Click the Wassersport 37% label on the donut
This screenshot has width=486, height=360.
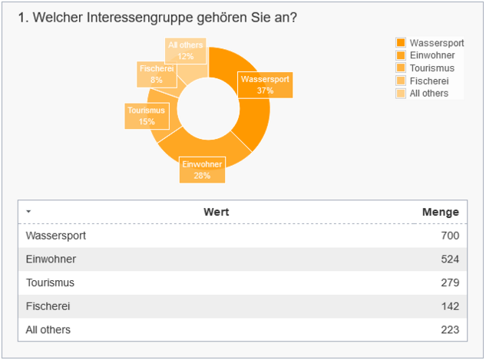click(265, 85)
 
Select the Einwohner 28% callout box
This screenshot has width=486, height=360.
click(202, 170)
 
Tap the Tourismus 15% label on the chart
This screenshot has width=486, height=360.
click(147, 116)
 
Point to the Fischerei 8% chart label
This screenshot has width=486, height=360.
click(157, 74)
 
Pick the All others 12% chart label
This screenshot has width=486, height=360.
click(185, 51)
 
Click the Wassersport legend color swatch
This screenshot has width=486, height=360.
click(401, 42)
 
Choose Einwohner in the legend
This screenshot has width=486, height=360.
click(432, 55)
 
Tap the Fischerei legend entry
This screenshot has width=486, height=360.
click(429, 81)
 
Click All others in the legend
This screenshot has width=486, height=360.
click(429, 93)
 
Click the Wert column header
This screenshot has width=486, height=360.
click(216, 212)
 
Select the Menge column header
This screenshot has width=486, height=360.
click(441, 212)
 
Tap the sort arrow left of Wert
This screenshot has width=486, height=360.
click(28, 212)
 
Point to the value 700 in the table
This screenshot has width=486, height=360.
click(450, 236)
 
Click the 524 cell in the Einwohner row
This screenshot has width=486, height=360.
click(450, 259)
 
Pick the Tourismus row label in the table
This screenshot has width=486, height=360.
click(50, 282)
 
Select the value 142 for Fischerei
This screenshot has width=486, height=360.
click(450, 306)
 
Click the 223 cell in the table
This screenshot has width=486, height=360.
click(450, 329)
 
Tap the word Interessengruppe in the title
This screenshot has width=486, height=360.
click(140, 18)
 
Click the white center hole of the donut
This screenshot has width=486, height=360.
click(208, 109)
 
